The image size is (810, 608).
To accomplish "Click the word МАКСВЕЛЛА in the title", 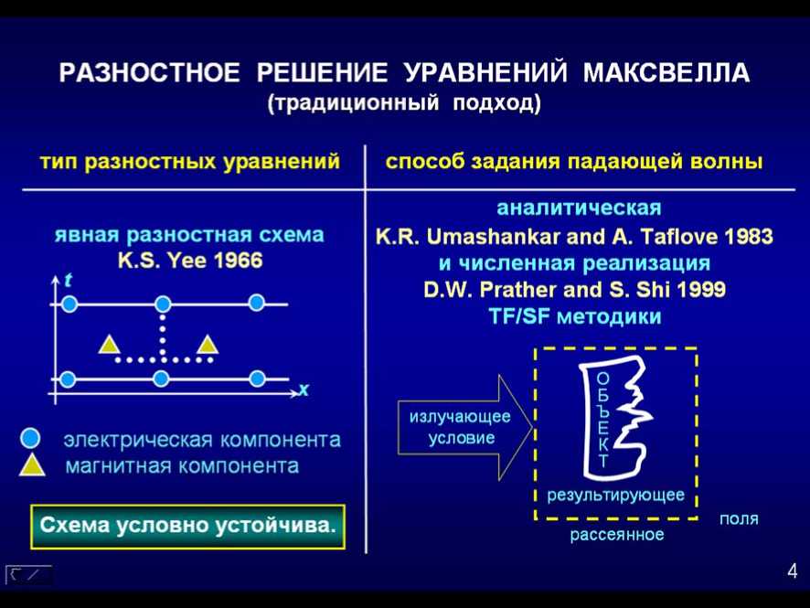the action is [x=666, y=72].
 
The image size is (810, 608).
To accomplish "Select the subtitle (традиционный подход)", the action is [x=404, y=102].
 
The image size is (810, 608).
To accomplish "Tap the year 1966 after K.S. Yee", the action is [x=238, y=260].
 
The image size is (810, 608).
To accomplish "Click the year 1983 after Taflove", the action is [x=749, y=237].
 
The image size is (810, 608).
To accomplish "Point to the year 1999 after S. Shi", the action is [x=701, y=289].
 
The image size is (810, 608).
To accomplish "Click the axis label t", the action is [x=68, y=281].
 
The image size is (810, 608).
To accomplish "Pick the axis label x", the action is [x=304, y=389].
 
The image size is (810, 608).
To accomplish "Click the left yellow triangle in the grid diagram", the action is [x=109, y=345].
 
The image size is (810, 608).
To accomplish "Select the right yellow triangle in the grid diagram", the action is [x=208, y=345].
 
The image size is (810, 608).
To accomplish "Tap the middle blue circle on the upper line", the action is [x=163, y=304].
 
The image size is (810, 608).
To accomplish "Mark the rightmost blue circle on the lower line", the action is [x=257, y=379].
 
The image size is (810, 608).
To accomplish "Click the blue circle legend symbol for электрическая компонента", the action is [x=30, y=438].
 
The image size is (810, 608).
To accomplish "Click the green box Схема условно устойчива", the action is [x=188, y=527].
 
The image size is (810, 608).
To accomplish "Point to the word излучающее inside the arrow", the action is [x=460, y=416].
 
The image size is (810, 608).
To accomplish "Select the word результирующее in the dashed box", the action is [x=616, y=495].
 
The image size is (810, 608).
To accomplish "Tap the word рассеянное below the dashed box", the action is [x=617, y=534].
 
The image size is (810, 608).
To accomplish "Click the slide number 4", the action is [x=793, y=571].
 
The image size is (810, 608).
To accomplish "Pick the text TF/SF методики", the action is [x=575, y=316].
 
